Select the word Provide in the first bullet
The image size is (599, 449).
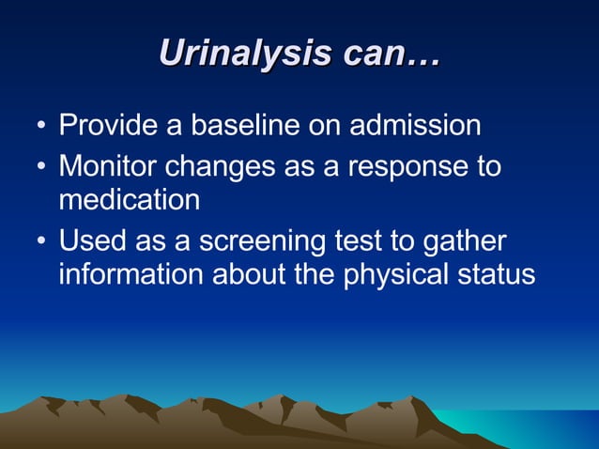[x=104, y=126]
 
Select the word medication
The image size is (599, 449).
[x=129, y=200]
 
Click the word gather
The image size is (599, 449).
[x=468, y=243]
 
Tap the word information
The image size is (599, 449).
[x=131, y=274]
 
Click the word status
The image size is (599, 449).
[x=499, y=274]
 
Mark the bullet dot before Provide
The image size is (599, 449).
[x=40, y=128]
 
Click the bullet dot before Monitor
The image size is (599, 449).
[x=40, y=169]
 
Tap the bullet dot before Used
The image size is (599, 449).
[x=40, y=243]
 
